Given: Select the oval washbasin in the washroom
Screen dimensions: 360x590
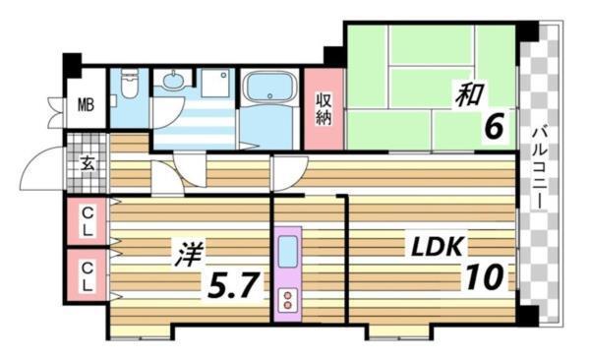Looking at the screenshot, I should [x=174, y=82].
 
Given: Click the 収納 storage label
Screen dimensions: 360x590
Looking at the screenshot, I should [x=324, y=108].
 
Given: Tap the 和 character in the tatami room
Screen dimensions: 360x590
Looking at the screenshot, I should [x=466, y=94].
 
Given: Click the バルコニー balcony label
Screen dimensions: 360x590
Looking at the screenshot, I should [x=540, y=165].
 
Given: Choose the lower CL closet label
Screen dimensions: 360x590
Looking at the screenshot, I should [x=87, y=274].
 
